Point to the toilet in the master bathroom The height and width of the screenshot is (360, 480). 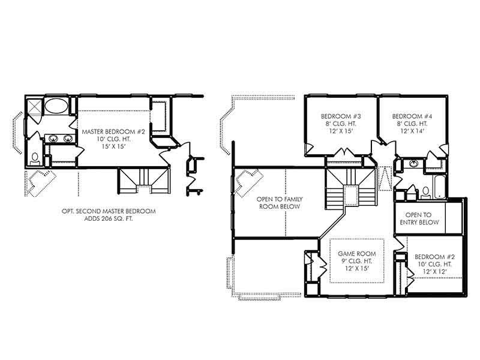35,158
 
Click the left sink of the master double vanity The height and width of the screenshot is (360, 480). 53,139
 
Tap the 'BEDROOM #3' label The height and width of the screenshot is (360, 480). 340,116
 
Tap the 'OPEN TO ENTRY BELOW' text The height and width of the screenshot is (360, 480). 419,218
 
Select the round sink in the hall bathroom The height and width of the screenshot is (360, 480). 413,164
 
